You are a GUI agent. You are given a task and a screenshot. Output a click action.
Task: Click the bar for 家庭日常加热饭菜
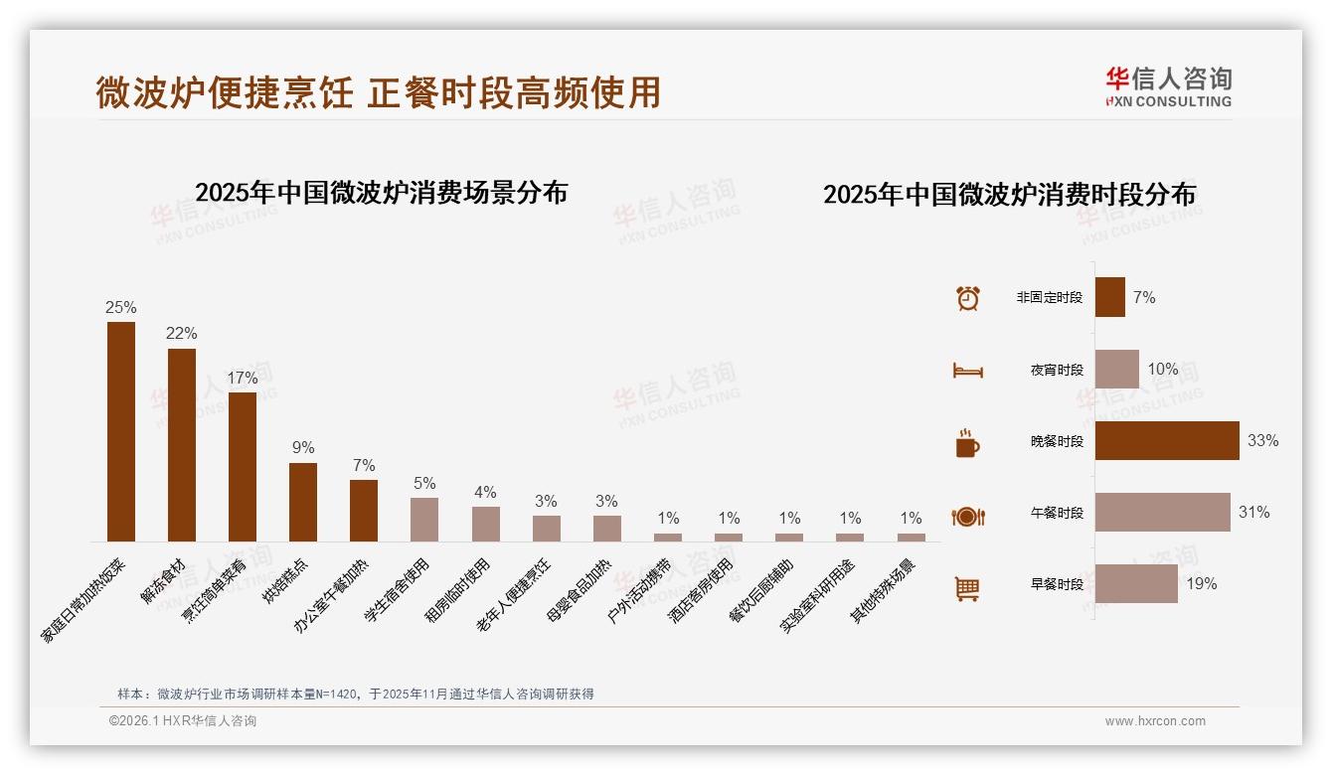click(x=121, y=431)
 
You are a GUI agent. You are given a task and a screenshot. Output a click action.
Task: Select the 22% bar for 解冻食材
click(x=182, y=444)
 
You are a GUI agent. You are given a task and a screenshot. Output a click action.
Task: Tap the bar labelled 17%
click(x=243, y=466)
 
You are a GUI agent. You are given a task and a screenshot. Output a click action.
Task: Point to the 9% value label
click(x=303, y=448)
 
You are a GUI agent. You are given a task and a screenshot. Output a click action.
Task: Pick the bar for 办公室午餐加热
click(x=364, y=510)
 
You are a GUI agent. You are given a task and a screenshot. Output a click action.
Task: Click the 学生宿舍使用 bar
click(x=424, y=519)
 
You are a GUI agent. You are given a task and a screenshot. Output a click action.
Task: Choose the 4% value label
click(x=485, y=493)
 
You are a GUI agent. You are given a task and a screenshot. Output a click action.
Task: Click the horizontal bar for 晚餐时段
click(x=1167, y=440)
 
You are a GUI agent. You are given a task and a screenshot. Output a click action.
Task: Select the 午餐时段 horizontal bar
click(x=1162, y=512)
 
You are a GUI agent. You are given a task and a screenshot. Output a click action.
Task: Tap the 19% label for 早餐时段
click(x=1202, y=584)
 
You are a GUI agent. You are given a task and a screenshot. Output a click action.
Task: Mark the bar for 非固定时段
click(x=1110, y=297)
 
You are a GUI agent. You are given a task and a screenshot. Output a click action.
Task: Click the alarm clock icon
click(x=967, y=298)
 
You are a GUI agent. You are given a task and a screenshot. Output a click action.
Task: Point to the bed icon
click(x=967, y=371)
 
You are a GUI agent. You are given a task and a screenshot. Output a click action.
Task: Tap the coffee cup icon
click(x=967, y=443)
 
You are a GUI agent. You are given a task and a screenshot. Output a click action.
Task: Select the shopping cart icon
click(x=967, y=588)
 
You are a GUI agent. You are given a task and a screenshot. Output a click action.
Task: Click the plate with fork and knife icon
click(x=967, y=516)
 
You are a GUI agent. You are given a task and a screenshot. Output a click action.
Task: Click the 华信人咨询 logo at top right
click(x=1168, y=86)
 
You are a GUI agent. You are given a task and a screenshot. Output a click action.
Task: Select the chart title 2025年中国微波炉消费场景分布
click(x=381, y=192)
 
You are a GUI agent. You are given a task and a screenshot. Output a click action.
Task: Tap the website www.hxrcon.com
click(x=1155, y=721)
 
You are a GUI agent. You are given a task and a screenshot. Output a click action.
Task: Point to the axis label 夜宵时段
click(x=1057, y=370)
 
